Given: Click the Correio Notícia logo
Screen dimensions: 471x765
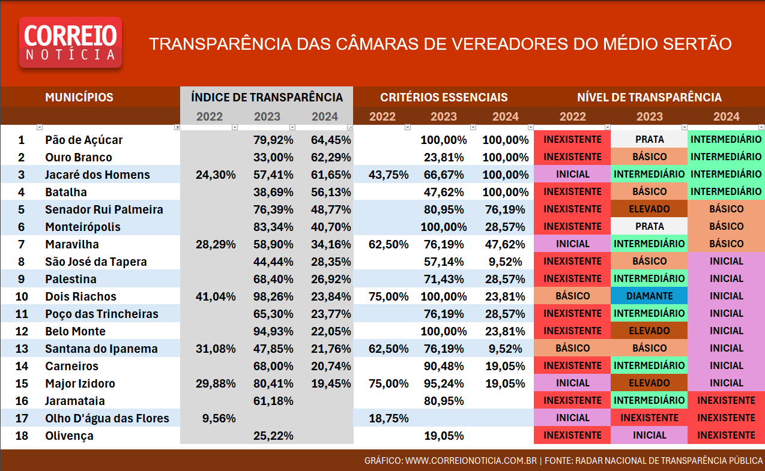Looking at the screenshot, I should coord(70,42).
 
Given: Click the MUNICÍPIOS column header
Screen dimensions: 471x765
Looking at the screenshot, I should coord(79,97).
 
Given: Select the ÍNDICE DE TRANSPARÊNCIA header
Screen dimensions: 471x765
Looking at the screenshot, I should coord(267,97).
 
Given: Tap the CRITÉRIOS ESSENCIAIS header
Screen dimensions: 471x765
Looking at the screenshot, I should coord(444,97).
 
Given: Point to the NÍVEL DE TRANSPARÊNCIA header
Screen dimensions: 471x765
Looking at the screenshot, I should coord(649,97).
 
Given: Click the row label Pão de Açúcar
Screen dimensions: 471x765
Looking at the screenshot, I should coord(83,140).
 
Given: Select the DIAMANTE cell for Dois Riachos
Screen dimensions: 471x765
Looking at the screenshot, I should coord(649,296).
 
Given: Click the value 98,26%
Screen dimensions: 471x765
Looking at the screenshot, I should coord(273,296).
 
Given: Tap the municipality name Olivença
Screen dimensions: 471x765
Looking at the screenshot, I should coord(69,436).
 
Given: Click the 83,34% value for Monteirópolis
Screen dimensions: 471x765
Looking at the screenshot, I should coord(273,227).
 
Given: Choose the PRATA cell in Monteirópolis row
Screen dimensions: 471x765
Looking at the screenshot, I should coord(649,227).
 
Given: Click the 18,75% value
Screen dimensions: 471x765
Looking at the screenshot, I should coord(389,418).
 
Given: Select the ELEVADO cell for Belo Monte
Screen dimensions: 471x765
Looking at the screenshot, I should coord(649,331).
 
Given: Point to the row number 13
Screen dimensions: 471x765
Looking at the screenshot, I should coord(22,349).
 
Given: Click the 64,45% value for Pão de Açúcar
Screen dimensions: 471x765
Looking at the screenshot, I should coord(331,140).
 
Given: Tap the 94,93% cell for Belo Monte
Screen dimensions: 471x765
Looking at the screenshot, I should coord(273,331).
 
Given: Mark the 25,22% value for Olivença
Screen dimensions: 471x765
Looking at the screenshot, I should coord(273,436).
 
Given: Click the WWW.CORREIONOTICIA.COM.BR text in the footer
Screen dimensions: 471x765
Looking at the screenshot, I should coord(471,461).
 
